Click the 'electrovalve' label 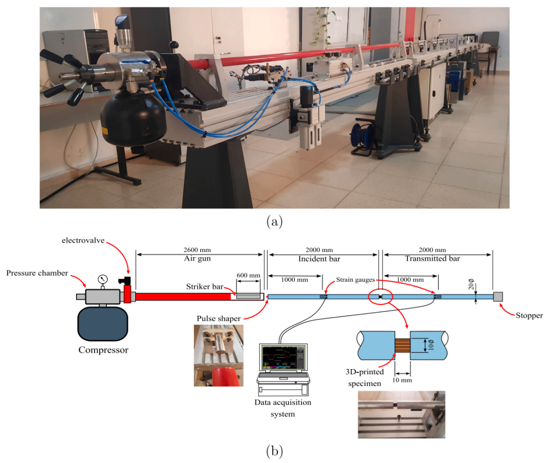pyautogui.click(x=83, y=240)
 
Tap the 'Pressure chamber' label pyautogui.click(x=37, y=273)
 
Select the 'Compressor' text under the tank pyautogui.click(x=103, y=350)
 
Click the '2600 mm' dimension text pyautogui.click(x=197, y=250)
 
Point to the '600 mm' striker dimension pyautogui.click(x=249, y=275)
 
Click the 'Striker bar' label pyautogui.click(x=205, y=286)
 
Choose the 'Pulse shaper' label pyautogui.click(x=219, y=318)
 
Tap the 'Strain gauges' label pyautogui.click(x=356, y=280)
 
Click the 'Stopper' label pyautogui.click(x=529, y=316)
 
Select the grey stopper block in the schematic pyautogui.click(x=497, y=297)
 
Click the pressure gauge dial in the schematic pyautogui.click(x=103, y=279)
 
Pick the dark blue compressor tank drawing pyautogui.click(x=103, y=324)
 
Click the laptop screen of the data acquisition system pyautogui.click(x=283, y=358)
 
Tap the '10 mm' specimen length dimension pyautogui.click(x=402, y=380)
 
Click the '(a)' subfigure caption pyautogui.click(x=274, y=222)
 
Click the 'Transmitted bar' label pyautogui.click(x=433, y=259)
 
